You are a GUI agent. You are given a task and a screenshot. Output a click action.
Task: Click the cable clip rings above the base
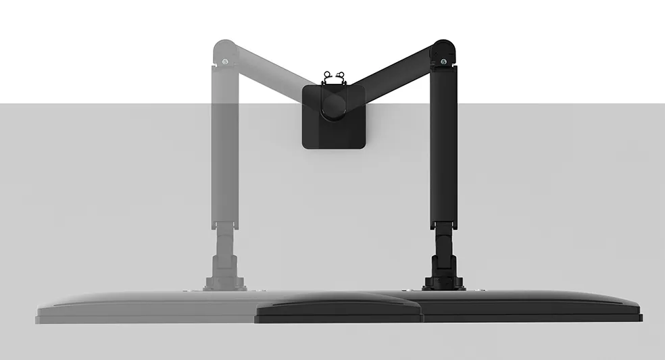click(x=334, y=76)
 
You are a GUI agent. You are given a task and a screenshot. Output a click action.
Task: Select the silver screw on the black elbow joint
click(x=443, y=62)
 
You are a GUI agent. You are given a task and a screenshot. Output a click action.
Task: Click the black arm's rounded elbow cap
click(x=443, y=50)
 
